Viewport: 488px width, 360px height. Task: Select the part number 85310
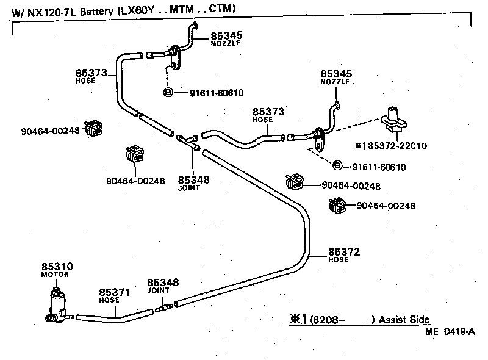[x=57, y=267]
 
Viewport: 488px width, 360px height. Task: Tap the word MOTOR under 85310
[x=55, y=275]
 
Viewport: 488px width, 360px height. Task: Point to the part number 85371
[x=115, y=292]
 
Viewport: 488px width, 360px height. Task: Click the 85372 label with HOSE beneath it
[x=344, y=251]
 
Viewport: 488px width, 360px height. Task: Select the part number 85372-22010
[x=396, y=146]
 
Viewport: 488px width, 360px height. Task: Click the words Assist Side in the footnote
[x=404, y=320]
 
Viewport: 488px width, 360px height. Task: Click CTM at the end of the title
[x=222, y=9]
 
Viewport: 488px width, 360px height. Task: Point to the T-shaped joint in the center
[x=185, y=141]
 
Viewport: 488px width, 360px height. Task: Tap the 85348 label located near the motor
[x=163, y=283]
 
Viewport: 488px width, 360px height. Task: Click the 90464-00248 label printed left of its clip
[x=50, y=130]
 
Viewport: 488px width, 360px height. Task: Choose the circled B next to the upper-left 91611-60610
[x=168, y=93]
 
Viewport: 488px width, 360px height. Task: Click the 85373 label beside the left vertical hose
[x=91, y=73]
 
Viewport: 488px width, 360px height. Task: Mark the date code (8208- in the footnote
[x=329, y=320]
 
